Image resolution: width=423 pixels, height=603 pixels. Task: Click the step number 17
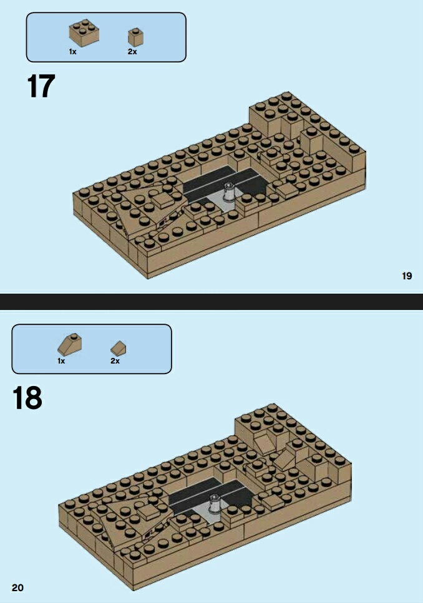41,86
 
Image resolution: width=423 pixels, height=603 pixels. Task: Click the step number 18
27,398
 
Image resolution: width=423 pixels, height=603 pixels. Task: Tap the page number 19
407,276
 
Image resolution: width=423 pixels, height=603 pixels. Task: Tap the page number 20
17,587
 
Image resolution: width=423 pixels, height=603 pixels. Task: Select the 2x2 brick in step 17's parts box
84,33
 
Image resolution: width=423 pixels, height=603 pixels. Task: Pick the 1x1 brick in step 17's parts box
135,37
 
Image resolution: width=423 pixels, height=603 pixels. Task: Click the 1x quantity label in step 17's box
73,52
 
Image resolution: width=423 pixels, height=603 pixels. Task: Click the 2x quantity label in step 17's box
132,52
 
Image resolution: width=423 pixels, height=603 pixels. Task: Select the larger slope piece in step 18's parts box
70,344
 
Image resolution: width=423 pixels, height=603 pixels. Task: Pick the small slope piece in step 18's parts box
118,348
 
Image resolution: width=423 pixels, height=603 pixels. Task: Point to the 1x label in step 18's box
61,360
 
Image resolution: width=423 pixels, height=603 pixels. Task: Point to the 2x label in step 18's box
115,360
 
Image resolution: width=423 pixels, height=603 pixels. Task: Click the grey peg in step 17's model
230,191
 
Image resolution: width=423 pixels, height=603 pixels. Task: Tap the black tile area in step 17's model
223,181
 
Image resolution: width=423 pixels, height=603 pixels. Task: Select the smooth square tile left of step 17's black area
163,199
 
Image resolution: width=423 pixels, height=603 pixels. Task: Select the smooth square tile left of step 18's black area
149,511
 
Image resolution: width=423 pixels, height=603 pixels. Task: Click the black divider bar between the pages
211,302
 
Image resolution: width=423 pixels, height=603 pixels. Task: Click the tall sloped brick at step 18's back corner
265,442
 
